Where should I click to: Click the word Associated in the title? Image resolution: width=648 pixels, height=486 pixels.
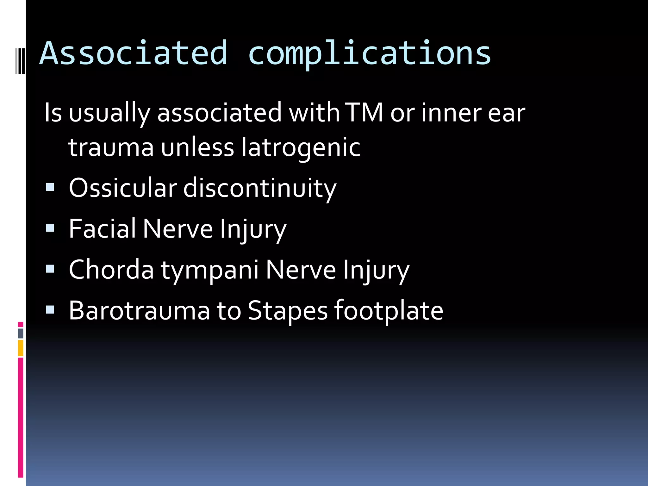point(133,53)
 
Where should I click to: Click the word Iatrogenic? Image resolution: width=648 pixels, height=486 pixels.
point(301,147)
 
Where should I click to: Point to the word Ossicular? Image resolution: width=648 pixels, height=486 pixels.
point(122,188)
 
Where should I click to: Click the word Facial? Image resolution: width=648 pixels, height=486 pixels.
point(102,228)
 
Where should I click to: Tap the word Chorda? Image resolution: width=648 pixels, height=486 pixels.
point(111,269)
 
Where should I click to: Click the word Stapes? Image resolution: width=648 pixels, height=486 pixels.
point(287,311)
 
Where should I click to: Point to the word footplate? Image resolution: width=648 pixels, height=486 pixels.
point(389,311)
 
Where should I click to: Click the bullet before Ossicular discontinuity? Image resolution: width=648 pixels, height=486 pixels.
point(50,187)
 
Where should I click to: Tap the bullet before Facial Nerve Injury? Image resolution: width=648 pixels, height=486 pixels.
point(50,228)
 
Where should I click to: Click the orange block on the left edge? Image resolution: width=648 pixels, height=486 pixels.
point(21,348)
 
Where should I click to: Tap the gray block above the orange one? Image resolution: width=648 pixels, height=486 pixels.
point(21,333)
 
